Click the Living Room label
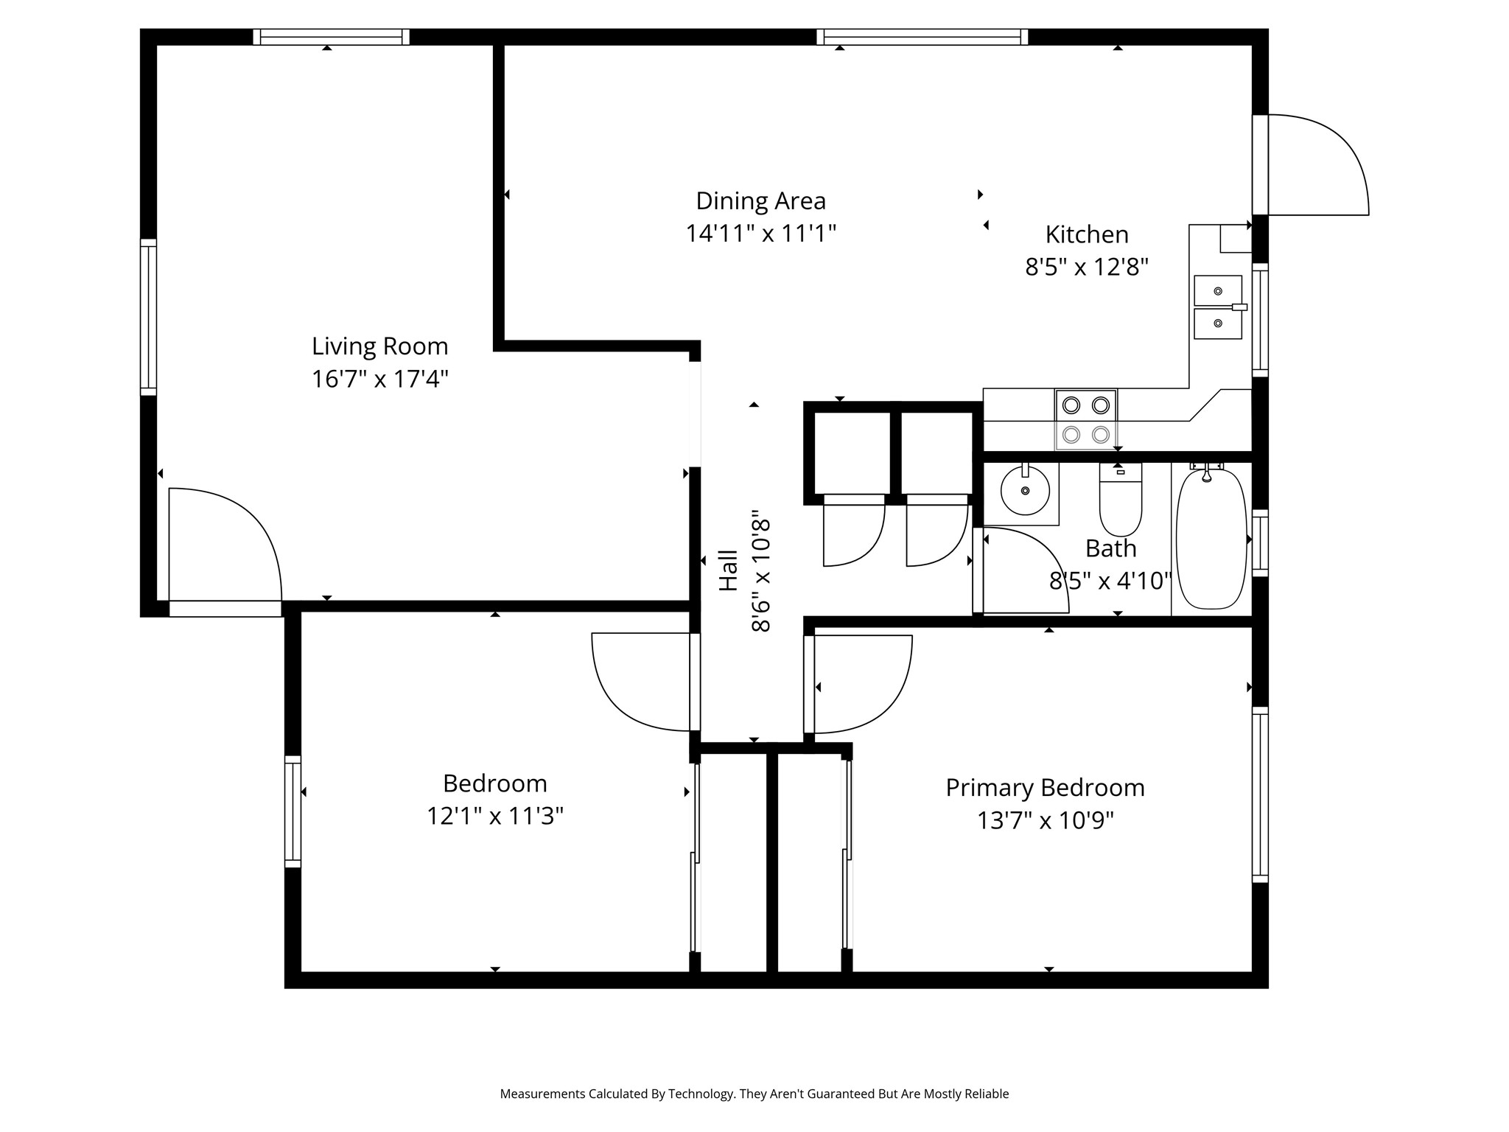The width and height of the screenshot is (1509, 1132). [x=379, y=346]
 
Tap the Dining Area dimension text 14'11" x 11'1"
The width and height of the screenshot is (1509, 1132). [x=761, y=234]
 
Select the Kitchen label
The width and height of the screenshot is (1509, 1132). [x=1087, y=234]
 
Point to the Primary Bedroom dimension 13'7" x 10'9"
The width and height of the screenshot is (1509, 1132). [x=1046, y=820]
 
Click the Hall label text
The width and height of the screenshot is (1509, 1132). [x=728, y=570]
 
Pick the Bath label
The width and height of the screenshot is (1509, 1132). [x=1111, y=548]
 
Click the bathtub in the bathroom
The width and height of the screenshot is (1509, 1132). [x=1212, y=539]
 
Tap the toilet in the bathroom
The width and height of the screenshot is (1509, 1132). [x=1121, y=499]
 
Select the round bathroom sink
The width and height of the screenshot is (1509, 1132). [x=1025, y=490]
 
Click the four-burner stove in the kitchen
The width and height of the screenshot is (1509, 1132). [x=1086, y=419]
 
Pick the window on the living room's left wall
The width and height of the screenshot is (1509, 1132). [x=148, y=317]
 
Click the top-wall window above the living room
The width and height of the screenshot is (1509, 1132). [x=331, y=37]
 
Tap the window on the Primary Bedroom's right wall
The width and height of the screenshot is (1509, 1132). [x=1260, y=794]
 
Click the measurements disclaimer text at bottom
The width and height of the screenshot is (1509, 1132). [x=754, y=1094]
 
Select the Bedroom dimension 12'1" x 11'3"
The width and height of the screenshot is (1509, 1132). [x=495, y=816]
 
